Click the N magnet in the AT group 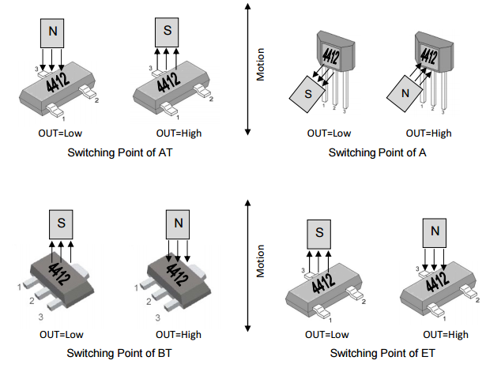coord(52,31)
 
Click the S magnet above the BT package coord(62,224)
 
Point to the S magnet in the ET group coord(319,232)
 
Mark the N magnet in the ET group coord(435,232)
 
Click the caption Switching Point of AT coord(120,152)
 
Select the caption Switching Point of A coord(377,152)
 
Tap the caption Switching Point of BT coord(119,352)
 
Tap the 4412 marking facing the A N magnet coord(428,55)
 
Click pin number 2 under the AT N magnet coord(96,100)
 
